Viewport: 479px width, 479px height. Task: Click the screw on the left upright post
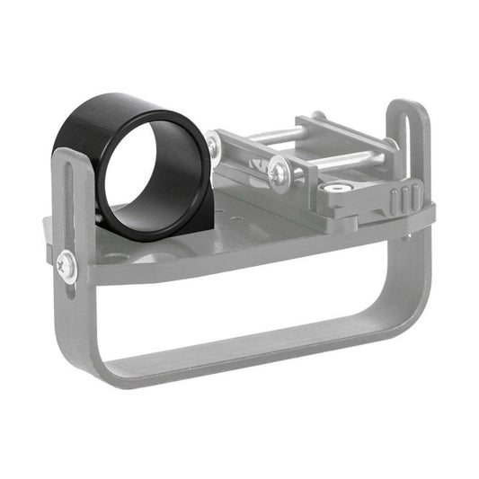point(67,264)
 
